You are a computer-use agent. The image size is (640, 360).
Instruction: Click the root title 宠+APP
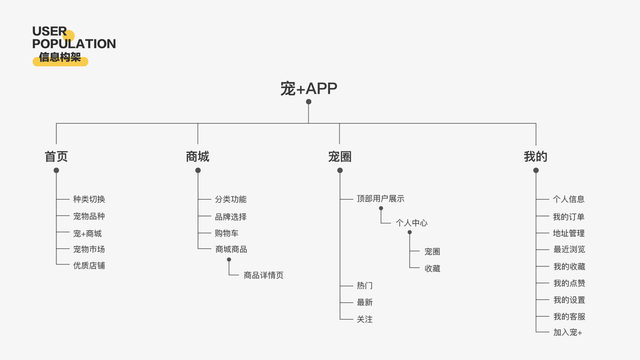[x=308, y=89]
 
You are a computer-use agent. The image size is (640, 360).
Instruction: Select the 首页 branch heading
[x=56, y=157]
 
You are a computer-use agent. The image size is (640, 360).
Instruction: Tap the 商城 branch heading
[x=197, y=157]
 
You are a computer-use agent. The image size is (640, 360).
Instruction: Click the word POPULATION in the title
[x=74, y=44]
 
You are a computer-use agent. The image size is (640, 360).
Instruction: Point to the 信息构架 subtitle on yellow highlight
[x=60, y=58]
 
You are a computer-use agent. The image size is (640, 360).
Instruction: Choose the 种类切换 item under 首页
[x=89, y=199]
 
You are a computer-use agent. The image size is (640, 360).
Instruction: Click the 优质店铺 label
[x=89, y=265]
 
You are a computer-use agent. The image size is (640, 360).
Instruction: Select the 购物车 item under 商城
[x=227, y=233]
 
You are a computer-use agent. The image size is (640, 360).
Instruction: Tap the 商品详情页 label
[x=263, y=275]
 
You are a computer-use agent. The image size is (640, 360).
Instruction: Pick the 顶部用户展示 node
[x=380, y=199]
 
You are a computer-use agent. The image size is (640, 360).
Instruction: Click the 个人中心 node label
[x=411, y=223]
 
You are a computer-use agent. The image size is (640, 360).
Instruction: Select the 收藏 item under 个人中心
[x=432, y=268]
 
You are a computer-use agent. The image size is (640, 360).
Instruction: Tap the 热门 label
[x=365, y=286]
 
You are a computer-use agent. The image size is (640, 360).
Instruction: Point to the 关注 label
[x=365, y=319]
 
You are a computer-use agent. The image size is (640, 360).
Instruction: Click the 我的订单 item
[x=569, y=217]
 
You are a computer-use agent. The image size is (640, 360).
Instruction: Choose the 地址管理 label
[x=569, y=233]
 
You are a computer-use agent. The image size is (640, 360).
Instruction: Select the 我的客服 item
[x=569, y=316]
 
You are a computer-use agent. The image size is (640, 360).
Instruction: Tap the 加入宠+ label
[x=567, y=332]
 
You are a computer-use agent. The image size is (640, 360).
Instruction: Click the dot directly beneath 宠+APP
[x=308, y=102]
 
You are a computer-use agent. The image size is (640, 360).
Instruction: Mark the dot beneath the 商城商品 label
[x=229, y=260]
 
